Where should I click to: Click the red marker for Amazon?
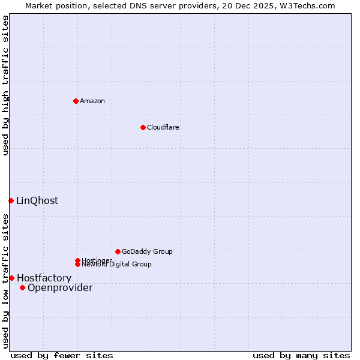(76, 101)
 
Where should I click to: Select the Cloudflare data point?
(143, 127)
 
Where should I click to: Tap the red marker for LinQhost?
(11, 200)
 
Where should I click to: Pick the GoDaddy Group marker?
(118, 251)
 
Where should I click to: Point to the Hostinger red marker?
(77, 260)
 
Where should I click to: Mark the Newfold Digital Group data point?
(77, 264)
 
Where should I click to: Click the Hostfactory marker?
(11, 278)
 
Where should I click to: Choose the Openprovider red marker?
(22, 287)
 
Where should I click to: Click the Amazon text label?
(92, 101)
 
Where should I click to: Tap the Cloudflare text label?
(163, 127)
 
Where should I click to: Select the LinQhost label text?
(37, 200)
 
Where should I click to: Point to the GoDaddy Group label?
(147, 251)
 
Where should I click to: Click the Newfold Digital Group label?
(116, 264)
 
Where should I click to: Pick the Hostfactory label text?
(44, 278)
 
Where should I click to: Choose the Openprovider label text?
(60, 287)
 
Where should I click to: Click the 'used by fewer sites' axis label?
(62, 355)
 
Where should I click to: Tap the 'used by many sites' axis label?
(301, 355)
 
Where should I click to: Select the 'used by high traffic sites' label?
(5, 85)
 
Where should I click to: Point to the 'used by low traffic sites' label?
(5, 281)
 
